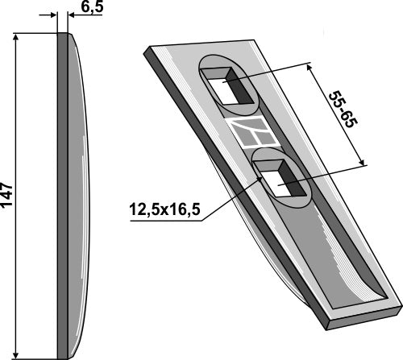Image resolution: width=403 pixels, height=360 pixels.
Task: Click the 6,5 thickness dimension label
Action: (x=92, y=7)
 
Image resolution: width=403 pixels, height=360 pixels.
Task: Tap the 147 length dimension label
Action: (x=7, y=195)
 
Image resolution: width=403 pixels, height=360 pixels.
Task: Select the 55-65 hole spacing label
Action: (x=343, y=110)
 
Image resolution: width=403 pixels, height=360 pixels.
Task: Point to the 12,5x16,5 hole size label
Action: (x=164, y=209)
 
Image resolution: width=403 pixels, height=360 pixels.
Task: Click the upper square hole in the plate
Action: (x=228, y=86)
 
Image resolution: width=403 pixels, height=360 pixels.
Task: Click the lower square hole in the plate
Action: (x=280, y=178)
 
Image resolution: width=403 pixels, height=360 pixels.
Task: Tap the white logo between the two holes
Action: (x=254, y=132)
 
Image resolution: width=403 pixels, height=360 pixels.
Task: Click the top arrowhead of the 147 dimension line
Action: (x=16, y=38)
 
